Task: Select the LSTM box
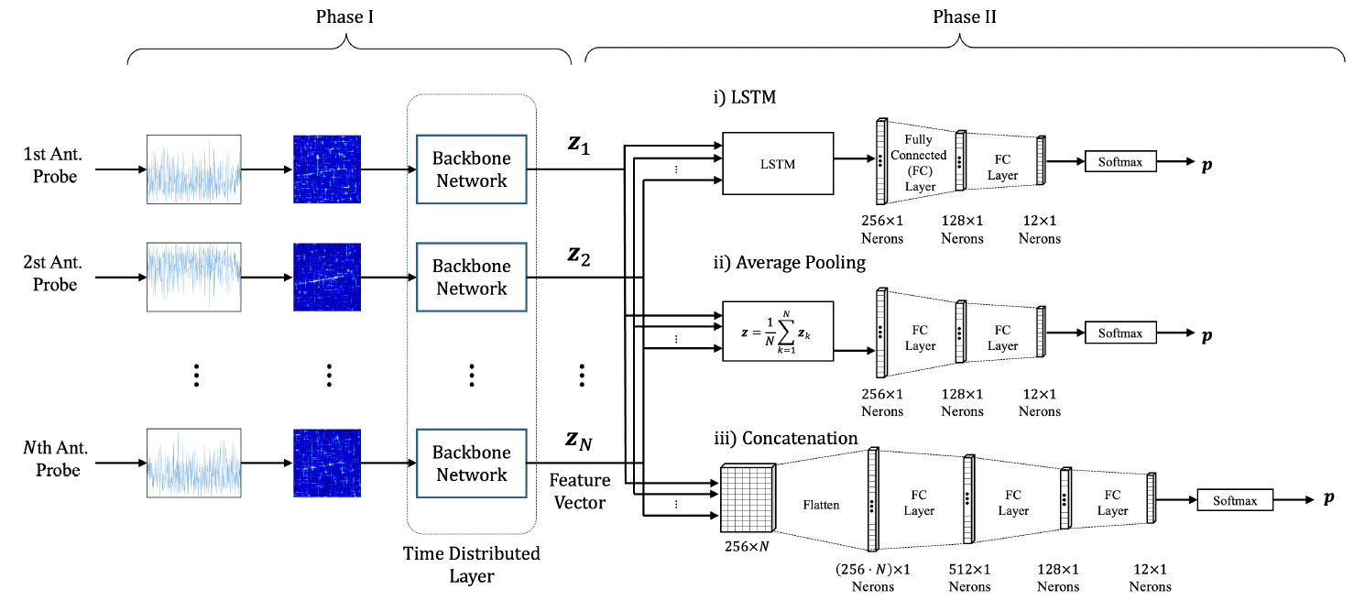coord(778,163)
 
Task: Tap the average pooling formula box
coord(778,331)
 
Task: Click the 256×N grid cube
coord(747,496)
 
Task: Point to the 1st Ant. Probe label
coord(56,165)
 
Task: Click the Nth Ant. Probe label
coord(56,459)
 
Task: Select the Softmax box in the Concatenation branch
coord(1234,501)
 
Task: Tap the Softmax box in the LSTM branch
coord(1120,162)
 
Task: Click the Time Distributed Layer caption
coord(472,564)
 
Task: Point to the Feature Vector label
coord(580,491)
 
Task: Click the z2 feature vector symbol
coord(578,256)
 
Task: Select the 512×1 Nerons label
coord(968,576)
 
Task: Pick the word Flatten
coord(821,505)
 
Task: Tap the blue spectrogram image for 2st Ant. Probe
coord(327,278)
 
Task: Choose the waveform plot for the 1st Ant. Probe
coord(193,169)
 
